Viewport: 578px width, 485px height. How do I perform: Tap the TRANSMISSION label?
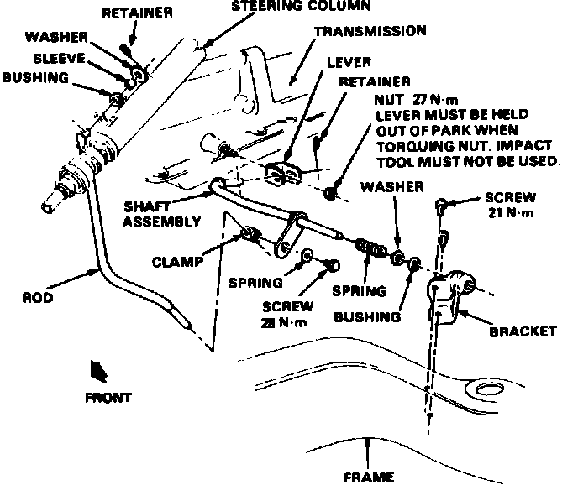370,31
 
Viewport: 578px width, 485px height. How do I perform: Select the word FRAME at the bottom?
369,477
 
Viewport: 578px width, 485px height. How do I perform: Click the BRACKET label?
523,331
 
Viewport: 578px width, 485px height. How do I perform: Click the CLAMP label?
178,261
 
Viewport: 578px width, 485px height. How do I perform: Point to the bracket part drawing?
455,295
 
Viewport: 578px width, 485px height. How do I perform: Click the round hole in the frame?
487,389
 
